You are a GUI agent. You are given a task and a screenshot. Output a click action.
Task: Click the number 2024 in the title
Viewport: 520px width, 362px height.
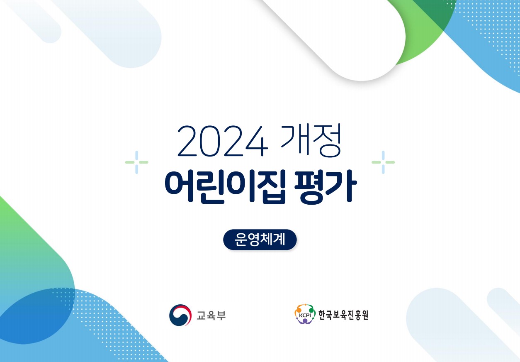(x=223, y=141)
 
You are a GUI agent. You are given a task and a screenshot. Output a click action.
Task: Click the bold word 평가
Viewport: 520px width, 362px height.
(x=326, y=187)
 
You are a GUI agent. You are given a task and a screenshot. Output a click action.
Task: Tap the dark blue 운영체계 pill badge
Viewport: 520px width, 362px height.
(x=260, y=240)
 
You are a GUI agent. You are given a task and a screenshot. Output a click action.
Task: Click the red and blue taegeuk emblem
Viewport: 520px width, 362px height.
(x=180, y=315)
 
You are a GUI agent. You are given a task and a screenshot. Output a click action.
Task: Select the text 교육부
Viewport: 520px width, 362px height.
(x=211, y=316)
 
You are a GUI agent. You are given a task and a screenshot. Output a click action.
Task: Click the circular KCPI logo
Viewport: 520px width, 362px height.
(x=305, y=314)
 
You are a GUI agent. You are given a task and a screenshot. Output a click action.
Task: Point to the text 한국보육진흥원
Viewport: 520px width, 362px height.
(x=343, y=315)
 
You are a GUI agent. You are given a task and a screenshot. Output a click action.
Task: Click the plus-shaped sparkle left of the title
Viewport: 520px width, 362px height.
(x=137, y=162)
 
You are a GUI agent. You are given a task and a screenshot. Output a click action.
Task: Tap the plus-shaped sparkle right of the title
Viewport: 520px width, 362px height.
(x=383, y=162)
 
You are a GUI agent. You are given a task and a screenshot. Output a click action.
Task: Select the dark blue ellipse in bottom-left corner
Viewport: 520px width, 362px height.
(x=35, y=316)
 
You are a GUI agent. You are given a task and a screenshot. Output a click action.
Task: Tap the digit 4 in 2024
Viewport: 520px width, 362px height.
(x=257, y=141)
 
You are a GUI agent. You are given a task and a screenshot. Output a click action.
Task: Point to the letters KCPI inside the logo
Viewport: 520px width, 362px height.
(x=305, y=316)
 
